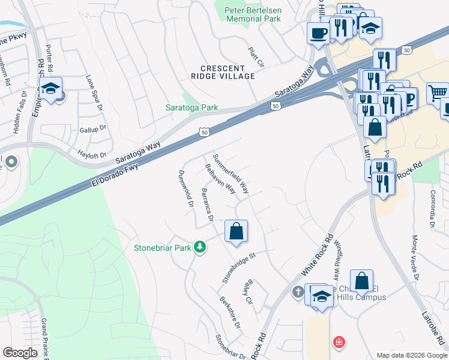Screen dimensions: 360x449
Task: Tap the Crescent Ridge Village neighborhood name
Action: tap(228, 72)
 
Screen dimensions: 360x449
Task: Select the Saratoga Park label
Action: tap(191, 108)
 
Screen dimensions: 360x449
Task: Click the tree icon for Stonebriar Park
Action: tap(200, 247)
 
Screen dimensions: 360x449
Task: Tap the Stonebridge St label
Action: tap(239, 266)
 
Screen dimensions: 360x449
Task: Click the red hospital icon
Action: tap(339, 342)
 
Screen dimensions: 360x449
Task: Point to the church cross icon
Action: tap(297, 292)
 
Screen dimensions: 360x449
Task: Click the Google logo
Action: tap(20, 353)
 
